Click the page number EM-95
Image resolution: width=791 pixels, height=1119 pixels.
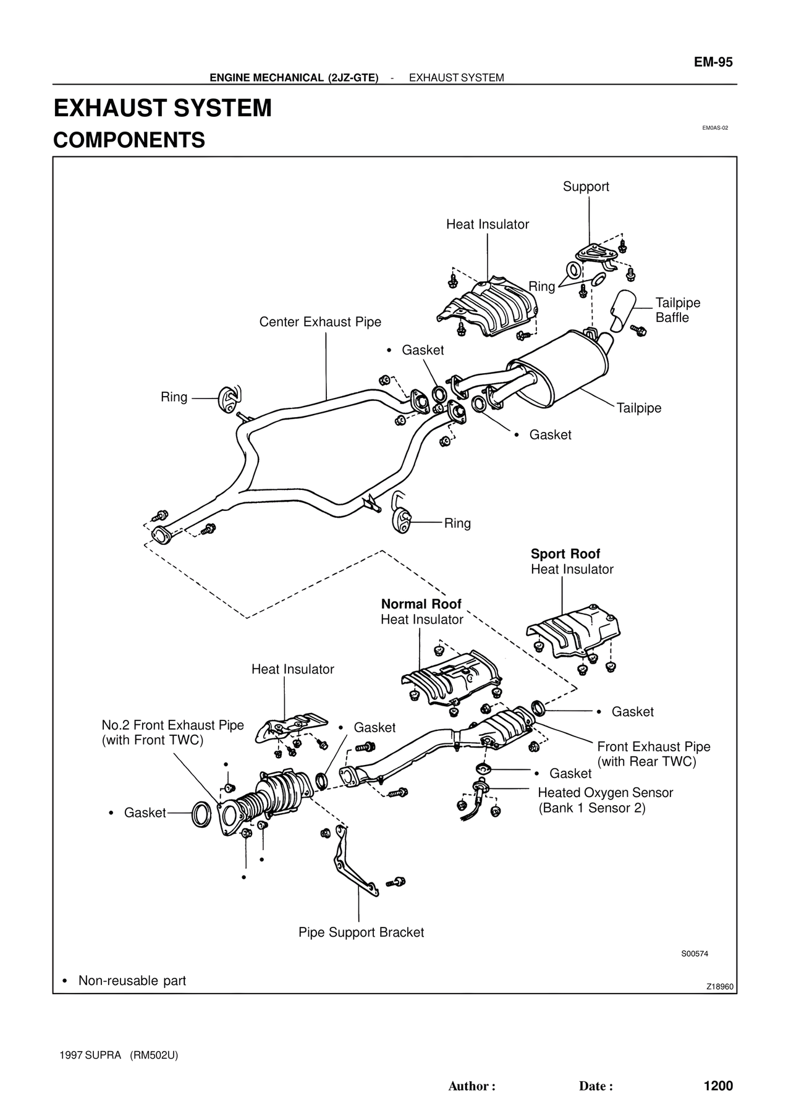[713, 62]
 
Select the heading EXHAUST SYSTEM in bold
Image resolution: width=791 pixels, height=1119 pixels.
[163, 108]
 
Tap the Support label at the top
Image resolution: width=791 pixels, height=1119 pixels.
[585, 187]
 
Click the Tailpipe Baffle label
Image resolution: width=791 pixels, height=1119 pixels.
[677, 310]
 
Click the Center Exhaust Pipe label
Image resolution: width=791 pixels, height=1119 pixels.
[320, 322]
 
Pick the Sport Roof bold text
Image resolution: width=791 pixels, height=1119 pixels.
[565, 554]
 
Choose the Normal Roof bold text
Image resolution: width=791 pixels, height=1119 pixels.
[421, 604]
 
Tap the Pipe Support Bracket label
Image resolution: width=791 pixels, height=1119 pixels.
[361, 932]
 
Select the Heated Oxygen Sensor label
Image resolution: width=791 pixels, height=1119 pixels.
[605, 793]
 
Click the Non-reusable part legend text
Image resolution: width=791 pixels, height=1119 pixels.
[132, 981]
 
